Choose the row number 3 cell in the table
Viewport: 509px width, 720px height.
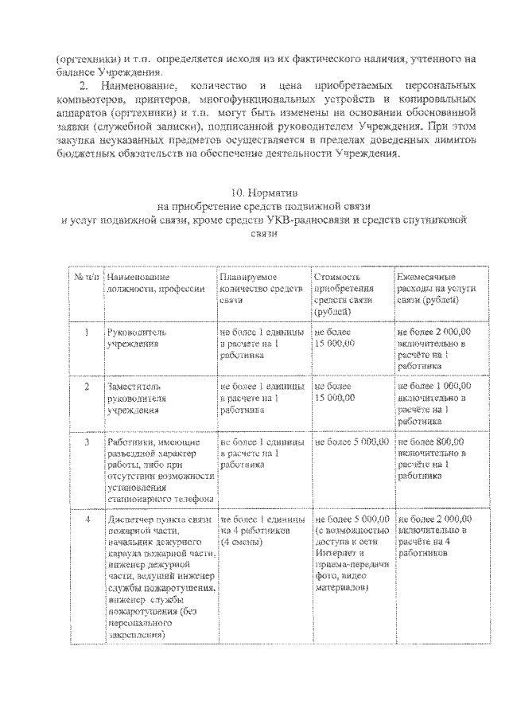86,440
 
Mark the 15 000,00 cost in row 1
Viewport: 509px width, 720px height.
336,343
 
